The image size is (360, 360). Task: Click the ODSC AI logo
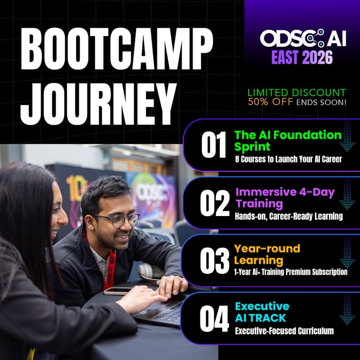[302, 39]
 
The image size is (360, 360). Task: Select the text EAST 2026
[302, 58]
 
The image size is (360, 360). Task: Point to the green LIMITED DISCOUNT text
[297, 93]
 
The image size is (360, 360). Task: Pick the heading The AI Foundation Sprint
[287, 140]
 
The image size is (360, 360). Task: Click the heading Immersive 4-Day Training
[284, 198]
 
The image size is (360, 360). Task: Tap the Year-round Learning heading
[266, 254]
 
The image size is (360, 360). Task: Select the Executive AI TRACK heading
[262, 312]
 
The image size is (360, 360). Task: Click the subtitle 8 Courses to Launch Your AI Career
[288, 159]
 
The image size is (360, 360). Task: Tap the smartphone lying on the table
[118, 291]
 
